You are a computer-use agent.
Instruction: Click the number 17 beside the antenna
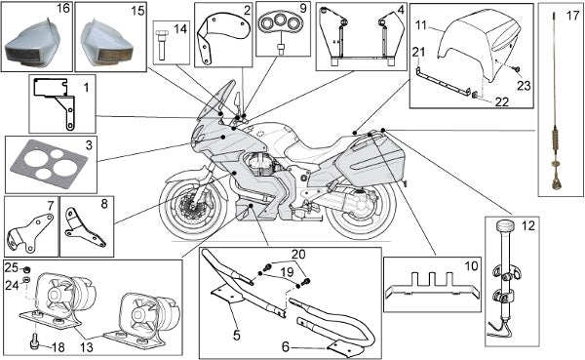click(x=572, y=16)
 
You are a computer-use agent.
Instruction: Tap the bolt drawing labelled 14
click(x=161, y=45)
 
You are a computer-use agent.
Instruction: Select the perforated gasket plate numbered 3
click(x=48, y=164)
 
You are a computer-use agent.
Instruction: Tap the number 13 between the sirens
click(x=87, y=347)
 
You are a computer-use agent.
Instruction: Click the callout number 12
click(x=528, y=226)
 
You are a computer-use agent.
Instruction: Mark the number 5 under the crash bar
click(x=237, y=335)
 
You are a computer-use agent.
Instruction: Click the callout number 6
click(x=286, y=347)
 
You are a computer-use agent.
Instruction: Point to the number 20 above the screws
click(x=299, y=255)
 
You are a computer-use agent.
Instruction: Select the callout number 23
click(x=524, y=86)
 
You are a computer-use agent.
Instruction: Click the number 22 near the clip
click(x=502, y=101)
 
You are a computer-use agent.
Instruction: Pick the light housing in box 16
click(x=33, y=44)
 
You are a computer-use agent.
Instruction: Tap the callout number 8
click(x=104, y=204)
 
